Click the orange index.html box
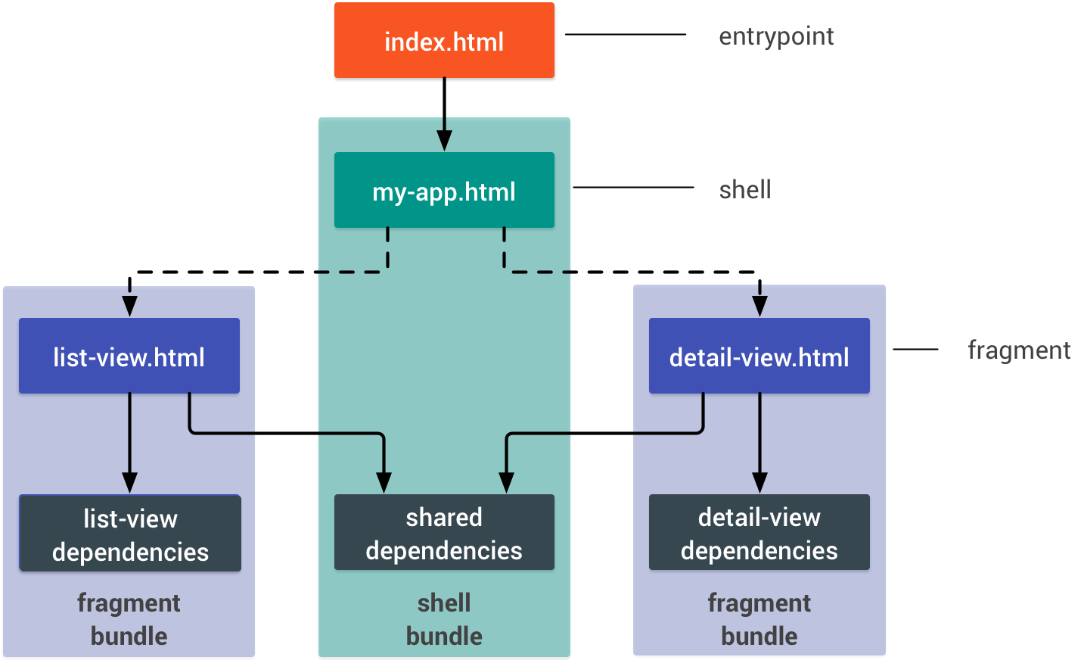444,40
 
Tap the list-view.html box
129,356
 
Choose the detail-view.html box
759,356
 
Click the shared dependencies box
444,533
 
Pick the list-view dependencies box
130,534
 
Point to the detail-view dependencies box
759,533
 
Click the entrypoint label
776,35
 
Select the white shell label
745,188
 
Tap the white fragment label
1019,348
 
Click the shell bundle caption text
444,619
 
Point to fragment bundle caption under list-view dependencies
129,619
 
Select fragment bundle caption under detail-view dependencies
759,619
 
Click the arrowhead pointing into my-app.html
444,141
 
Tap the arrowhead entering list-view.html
129,307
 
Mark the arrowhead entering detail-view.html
759,307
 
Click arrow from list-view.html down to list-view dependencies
129,439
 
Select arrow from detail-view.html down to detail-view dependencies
759,439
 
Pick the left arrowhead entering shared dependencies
384,483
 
